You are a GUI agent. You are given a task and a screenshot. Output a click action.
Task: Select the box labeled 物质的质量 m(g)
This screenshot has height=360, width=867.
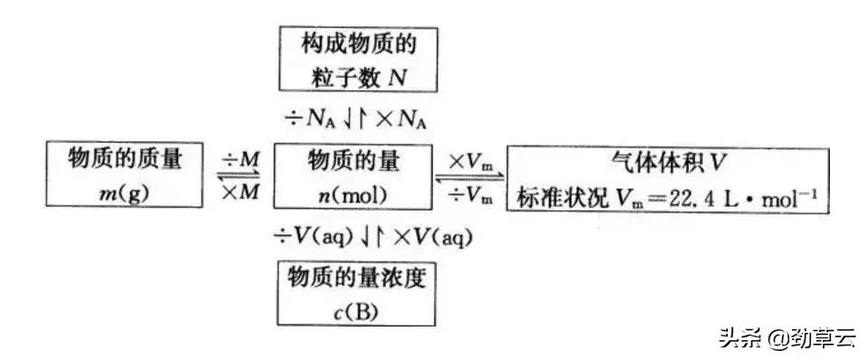(124, 174)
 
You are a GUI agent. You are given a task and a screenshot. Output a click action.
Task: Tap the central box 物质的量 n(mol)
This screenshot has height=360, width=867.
(354, 174)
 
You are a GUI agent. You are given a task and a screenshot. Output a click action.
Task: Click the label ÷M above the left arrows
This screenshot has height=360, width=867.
(240, 158)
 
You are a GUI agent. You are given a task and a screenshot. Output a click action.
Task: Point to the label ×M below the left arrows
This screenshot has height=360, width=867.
(240, 191)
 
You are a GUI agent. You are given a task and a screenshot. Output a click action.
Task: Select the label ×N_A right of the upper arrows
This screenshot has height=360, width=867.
(403, 116)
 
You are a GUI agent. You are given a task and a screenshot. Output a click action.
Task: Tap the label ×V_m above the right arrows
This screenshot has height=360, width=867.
(470, 160)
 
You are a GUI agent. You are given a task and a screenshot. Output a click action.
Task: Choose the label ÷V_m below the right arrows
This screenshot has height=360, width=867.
(470, 193)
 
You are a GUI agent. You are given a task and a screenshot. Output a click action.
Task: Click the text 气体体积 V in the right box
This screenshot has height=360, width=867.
(669, 161)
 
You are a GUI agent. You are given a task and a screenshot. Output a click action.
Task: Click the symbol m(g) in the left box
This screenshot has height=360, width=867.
(124, 192)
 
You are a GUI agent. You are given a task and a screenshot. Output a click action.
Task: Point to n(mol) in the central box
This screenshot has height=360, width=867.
(354, 192)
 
